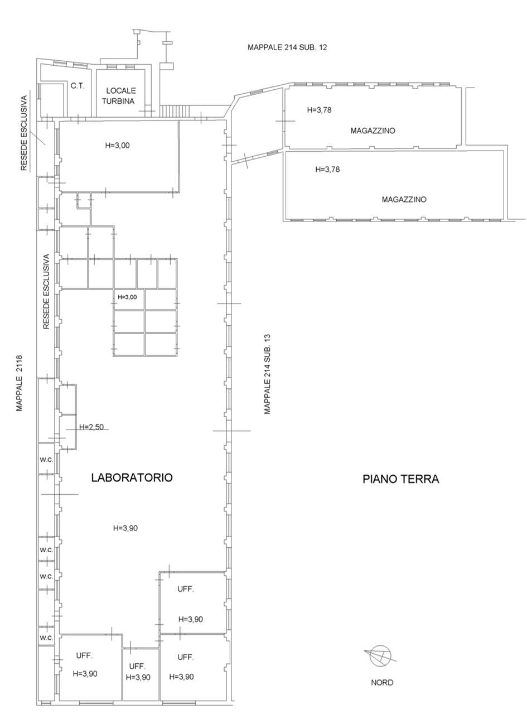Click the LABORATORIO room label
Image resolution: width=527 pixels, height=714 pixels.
pyautogui.click(x=132, y=477)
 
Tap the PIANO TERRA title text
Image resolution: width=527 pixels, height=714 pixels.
pyautogui.click(x=401, y=479)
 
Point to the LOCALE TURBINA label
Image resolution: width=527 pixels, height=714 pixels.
pyautogui.click(x=119, y=96)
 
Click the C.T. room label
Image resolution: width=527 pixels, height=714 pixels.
pyautogui.click(x=78, y=86)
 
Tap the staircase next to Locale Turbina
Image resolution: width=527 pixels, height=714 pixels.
pyautogui.click(x=176, y=111)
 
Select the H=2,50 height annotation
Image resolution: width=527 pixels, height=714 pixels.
pyautogui.click(x=92, y=427)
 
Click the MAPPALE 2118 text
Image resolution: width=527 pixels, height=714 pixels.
pyautogui.click(x=20, y=383)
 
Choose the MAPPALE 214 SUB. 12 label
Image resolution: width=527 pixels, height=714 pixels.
pyautogui.click(x=287, y=47)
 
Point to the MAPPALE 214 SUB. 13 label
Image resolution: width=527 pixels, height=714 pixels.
pyautogui.click(x=267, y=374)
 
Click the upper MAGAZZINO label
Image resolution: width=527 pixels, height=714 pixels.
pyautogui.click(x=373, y=131)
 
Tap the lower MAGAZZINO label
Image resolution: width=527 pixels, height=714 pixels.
pyautogui.click(x=404, y=199)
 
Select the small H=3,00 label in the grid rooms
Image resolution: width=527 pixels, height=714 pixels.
pyautogui.click(x=127, y=297)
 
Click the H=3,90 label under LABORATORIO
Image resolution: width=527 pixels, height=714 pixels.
pyautogui.click(x=125, y=528)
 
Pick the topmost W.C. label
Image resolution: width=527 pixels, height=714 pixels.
pyautogui.click(x=46, y=460)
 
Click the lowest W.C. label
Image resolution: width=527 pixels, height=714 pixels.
pyautogui.click(x=46, y=638)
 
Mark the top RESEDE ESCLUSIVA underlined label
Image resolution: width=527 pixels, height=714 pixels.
pyautogui.click(x=24, y=133)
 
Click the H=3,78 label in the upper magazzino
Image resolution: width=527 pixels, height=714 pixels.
pyautogui.click(x=320, y=110)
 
